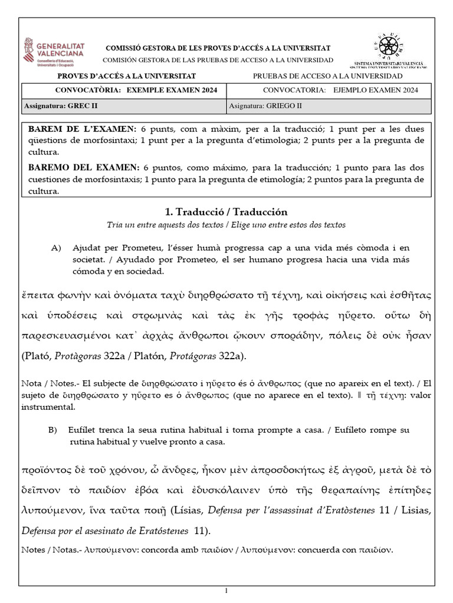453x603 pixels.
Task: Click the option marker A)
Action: tap(57, 248)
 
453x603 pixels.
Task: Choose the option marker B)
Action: tap(52, 430)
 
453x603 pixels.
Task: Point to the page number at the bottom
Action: tap(226, 591)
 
